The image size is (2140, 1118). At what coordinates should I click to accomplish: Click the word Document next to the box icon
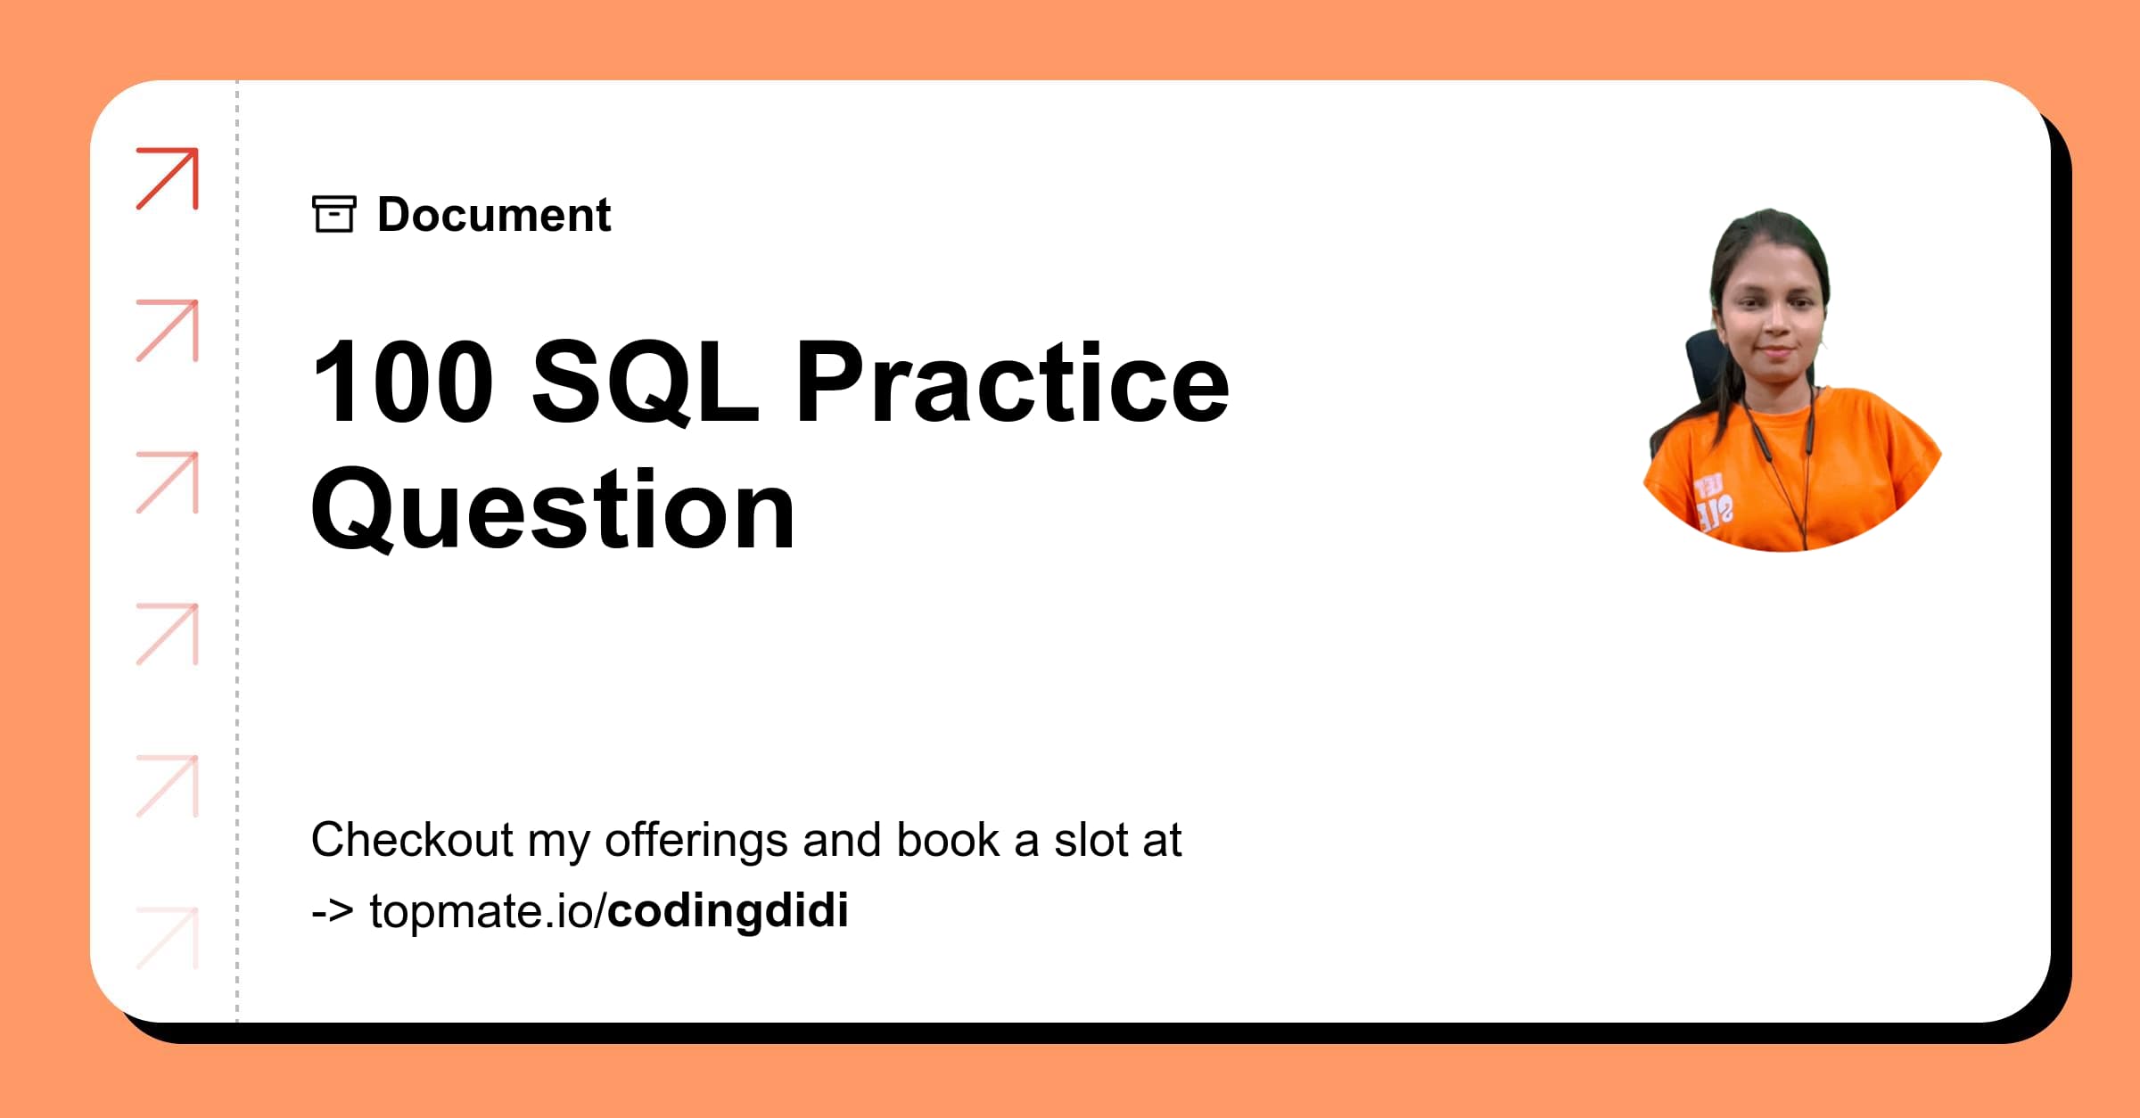pos(494,215)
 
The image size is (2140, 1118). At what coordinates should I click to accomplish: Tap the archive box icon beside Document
pos(334,214)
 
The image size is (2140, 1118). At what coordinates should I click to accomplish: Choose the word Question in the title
pos(553,511)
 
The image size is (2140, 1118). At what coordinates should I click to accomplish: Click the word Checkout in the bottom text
pos(412,840)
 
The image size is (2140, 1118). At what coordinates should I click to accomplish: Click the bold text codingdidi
pos(728,910)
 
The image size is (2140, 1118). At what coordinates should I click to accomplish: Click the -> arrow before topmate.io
pos(332,911)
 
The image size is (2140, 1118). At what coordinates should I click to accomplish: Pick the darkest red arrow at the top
pos(168,178)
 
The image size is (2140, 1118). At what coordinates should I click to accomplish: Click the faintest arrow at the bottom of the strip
pos(168,938)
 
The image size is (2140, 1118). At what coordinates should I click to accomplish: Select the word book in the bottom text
pos(948,840)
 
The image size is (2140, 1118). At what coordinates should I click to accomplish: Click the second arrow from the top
pos(168,331)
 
